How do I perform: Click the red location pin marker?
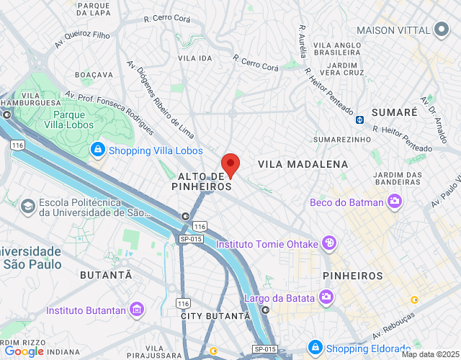[x=230, y=165]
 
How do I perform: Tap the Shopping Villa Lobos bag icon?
[x=97, y=150]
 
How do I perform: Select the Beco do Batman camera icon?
[x=394, y=202]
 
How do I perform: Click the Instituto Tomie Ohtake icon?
[x=328, y=243]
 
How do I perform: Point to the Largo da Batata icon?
[x=326, y=297]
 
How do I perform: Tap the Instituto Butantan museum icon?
[x=137, y=311]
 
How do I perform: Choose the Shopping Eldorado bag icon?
[x=315, y=348]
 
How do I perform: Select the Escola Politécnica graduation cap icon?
[x=27, y=207]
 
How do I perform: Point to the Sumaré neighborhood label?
[x=394, y=112]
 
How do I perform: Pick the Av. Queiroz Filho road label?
[x=82, y=39]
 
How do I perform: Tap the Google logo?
[x=24, y=351]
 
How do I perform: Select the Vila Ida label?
[x=194, y=58]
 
